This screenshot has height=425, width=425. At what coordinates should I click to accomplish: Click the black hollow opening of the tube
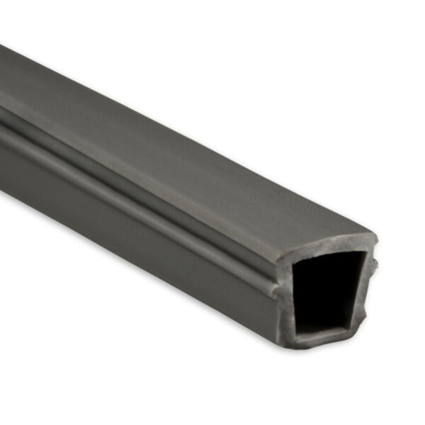click(x=327, y=290)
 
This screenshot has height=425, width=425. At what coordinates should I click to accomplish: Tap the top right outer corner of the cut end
click(x=373, y=239)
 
